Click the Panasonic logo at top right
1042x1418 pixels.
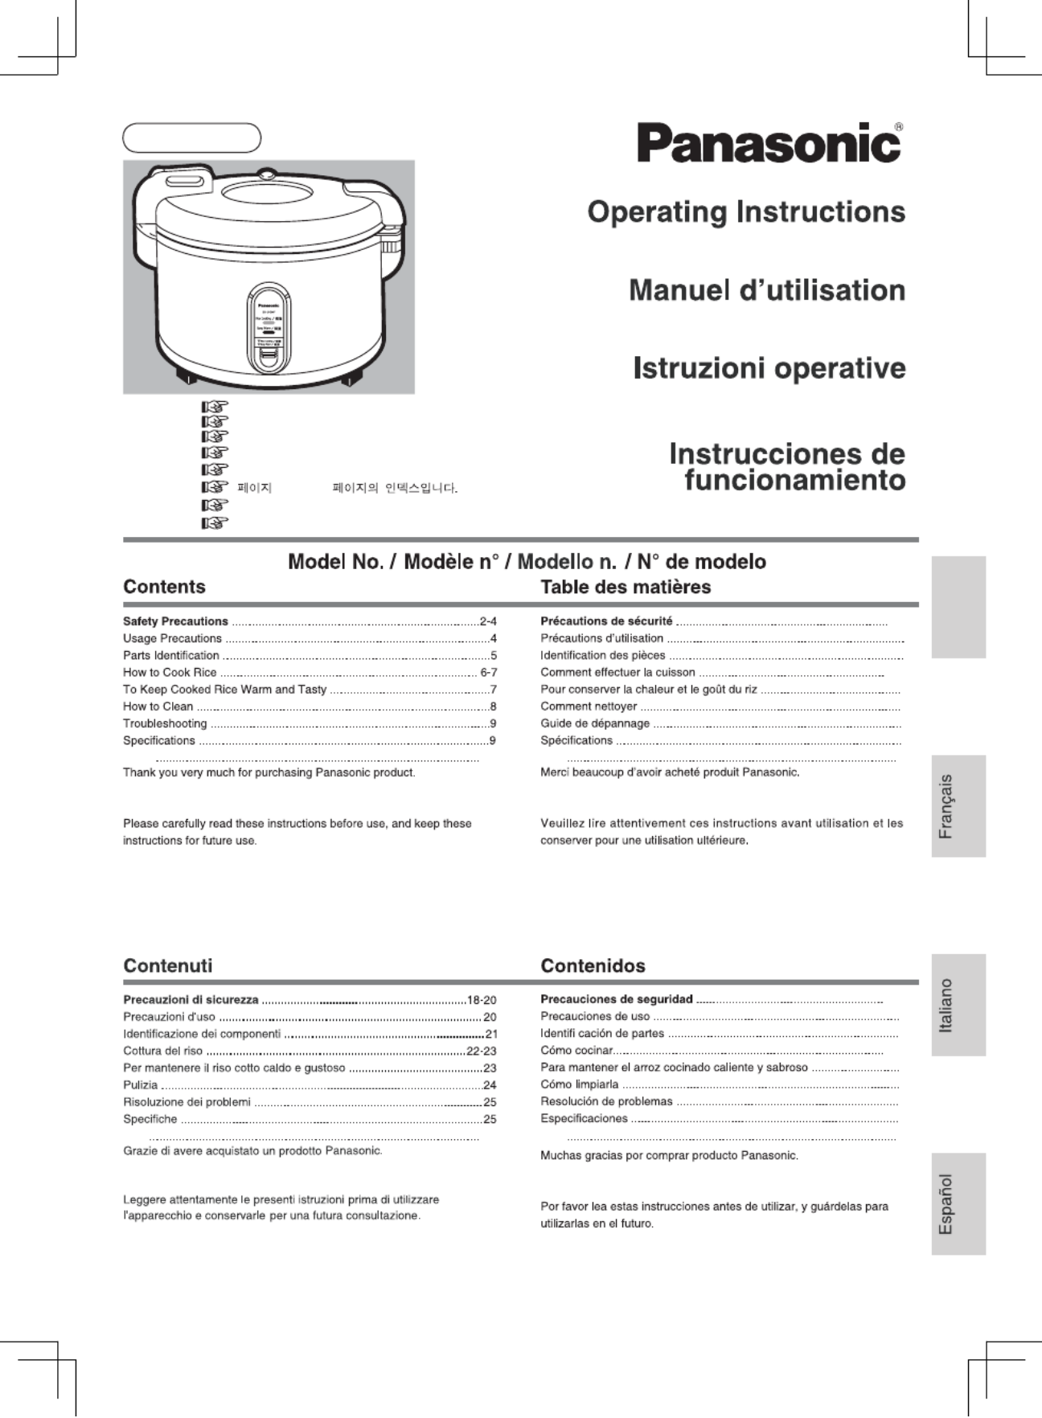(769, 143)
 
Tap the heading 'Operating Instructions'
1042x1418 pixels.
(746, 212)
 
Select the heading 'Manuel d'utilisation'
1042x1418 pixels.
(767, 290)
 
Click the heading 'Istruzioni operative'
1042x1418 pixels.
(769, 368)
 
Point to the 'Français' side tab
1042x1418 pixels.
(958, 806)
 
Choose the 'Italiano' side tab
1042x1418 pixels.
(958, 1005)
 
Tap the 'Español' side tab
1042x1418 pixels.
(958, 1203)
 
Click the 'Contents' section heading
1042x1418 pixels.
(164, 587)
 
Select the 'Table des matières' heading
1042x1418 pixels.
(626, 587)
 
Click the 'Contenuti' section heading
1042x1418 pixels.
(168, 965)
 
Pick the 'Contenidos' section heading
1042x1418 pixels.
(593, 965)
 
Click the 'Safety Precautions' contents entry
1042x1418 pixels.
(175, 621)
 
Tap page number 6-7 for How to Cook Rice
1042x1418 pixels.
(488, 673)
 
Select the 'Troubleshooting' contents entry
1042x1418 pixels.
(165, 723)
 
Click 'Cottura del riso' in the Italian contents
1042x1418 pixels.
(163, 1051)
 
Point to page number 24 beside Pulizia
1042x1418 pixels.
(489, 1085)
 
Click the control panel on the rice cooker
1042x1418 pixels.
(269, 328)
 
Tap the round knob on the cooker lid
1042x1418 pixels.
(265, 173)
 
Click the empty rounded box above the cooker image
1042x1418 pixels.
(191, 138)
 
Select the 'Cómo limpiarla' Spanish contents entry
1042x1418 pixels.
(580, 1084)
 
